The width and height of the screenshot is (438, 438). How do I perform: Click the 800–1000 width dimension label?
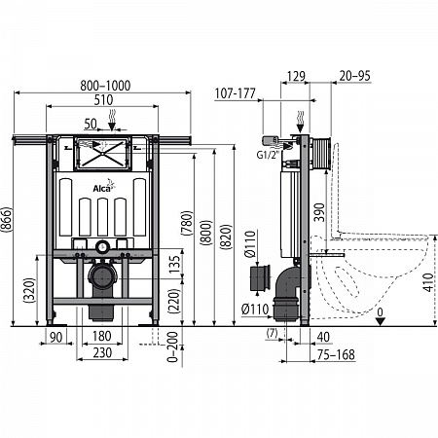(x=105, y=86)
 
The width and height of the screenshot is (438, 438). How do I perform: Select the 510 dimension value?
(x=103, y=100)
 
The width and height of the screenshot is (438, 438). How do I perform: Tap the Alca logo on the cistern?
(x=104, y=186)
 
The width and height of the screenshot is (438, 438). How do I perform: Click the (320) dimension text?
(x=30, y=290)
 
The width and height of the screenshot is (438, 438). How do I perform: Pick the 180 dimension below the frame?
(x=102, y=337)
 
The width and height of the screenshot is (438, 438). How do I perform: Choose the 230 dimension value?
(x=102, y=352)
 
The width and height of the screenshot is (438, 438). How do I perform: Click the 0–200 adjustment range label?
(x=172, y=347)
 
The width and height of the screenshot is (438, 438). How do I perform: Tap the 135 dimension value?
(x=174, y=265)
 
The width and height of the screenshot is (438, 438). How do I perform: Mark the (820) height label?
(x=226, y=237)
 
